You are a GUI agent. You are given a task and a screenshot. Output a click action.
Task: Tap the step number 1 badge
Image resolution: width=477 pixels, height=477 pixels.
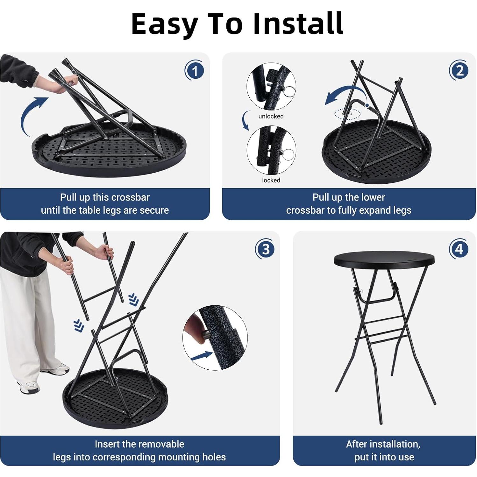tap(194, 70)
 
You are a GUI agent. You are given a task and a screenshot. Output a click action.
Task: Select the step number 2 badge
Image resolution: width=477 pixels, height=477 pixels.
tap(459, 70)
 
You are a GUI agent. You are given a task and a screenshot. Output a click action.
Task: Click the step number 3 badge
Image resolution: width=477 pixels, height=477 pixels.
tap(265, 249)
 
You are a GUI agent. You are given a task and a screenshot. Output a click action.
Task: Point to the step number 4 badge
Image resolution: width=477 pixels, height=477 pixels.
tap(459, 249)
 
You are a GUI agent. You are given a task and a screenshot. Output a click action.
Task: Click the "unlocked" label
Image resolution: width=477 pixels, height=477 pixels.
tap(271, 116)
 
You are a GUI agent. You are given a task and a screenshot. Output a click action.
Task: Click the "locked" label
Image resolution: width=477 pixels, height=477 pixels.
tap(271, 180)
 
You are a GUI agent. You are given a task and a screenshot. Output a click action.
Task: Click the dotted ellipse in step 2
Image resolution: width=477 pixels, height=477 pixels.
tap(347, 114)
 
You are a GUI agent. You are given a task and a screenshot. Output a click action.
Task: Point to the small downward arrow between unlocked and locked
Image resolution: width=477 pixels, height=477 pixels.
tap(245, 121)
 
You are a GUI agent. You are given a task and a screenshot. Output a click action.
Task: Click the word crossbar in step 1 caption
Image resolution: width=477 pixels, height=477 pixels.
tap(131, 197)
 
